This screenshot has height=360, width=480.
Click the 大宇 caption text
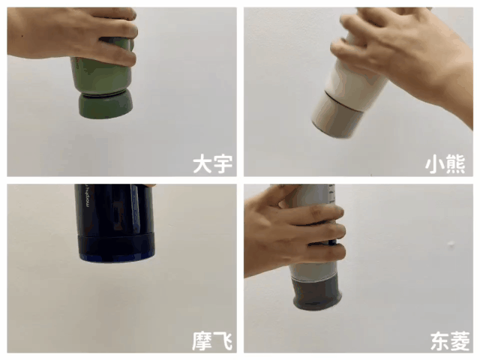tap(212, 164)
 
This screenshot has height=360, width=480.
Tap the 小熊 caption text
tap(445, 164)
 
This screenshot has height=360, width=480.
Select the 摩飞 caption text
tap(212, 340)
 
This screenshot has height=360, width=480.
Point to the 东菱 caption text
tap(450, 340)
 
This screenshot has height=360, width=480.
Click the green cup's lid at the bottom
tap(106, 106)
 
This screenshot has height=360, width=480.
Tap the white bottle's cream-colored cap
tap(337, 115)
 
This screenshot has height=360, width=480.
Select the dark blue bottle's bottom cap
tap(116, 247)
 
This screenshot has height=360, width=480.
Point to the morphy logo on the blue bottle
tap(87, 196)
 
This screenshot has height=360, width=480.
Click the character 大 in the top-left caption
tap(202, 164)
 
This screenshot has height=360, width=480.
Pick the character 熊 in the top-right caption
tap(455, 164)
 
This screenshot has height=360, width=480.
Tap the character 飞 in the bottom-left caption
tap(223, 340)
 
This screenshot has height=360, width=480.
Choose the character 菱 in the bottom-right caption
tap(460, 340)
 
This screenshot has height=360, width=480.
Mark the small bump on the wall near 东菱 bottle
tap(451, 244)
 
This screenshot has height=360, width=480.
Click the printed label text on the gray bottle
tap(332, 193)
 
